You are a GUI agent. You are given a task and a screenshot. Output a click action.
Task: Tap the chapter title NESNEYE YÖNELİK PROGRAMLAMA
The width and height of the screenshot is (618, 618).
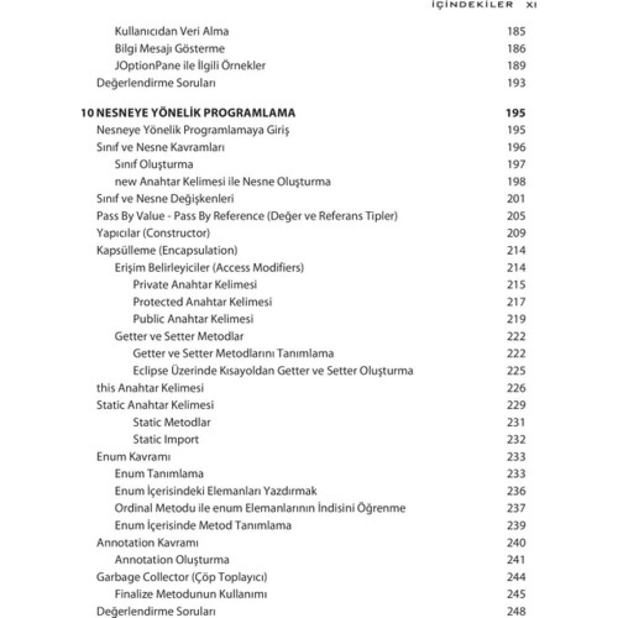[x=195, y=113]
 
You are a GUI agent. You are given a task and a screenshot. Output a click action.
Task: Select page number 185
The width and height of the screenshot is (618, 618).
[x=516, y=31]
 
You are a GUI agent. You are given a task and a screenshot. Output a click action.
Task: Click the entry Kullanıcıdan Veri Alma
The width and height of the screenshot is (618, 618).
[x=171, y=31]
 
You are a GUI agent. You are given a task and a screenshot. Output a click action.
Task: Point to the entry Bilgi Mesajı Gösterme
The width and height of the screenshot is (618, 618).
[x=169, y=49]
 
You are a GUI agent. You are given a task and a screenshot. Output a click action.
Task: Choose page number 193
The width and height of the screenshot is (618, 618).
[x=516, y=83]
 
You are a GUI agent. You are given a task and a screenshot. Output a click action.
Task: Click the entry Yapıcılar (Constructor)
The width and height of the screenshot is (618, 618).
[x=153, y=233]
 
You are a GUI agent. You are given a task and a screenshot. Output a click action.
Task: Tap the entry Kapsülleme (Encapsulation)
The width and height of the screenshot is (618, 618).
[x=167, y=250]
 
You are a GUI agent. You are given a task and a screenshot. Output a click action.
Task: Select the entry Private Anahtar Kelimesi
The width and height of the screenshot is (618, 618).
[x=195, y=285]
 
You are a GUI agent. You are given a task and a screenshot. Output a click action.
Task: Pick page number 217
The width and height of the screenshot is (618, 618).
[x=516, y=302]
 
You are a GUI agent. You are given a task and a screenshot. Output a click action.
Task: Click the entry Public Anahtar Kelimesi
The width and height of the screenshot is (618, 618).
[x=193, y=319]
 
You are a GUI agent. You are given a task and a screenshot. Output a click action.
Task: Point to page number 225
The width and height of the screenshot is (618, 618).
[x=516, y=371]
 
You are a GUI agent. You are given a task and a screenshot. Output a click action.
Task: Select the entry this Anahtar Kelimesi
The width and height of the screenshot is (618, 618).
[x=150, y=388]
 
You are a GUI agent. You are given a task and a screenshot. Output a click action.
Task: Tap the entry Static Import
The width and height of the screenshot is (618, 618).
[x=166, y=440]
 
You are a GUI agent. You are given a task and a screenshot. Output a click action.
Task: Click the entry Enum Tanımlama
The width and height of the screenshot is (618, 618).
[x=159, y=474]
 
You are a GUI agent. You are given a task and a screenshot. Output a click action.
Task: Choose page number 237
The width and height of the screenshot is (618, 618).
[x=516, y=508]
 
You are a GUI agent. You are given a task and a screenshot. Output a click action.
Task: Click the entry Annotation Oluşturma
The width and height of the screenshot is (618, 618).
[x=172, y=560]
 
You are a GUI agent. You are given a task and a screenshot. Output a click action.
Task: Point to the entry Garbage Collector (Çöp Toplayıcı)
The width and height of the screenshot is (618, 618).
[x=182, y=577]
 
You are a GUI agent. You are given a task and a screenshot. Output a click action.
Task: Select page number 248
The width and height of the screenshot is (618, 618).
[x=516, y=611]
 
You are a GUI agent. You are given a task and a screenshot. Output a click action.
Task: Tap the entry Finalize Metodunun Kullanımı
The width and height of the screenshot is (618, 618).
[x=190, y=594]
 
